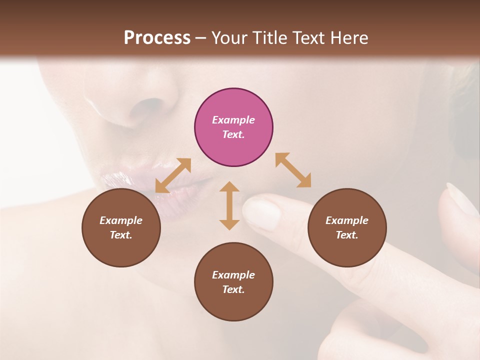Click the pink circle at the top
[233, 127]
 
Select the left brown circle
[121, 227]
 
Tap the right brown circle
[347, 227]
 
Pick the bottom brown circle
[233, 282]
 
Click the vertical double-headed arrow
[229, 205]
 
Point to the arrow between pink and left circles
[173, 175]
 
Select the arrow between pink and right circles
[293, 170]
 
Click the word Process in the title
[157, 37]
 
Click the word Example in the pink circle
[233, 120]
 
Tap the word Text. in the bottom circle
[233, 289]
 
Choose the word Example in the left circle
[121, 220]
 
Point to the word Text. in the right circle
[347, 235]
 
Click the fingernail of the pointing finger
[261, 213]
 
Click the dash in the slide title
[201, 38]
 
